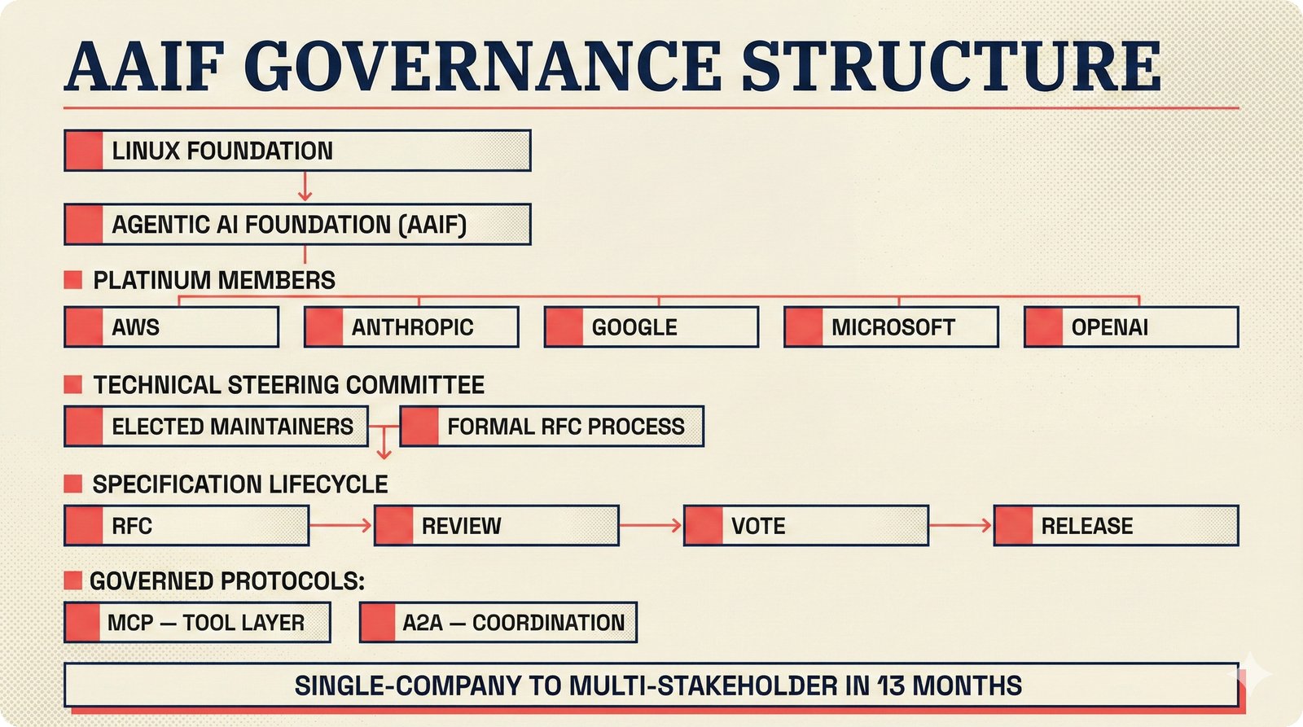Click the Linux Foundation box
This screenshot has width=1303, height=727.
(297, 151)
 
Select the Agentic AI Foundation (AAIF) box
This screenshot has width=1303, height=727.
(297, 225)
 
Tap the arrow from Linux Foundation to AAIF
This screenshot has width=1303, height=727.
(305, 186)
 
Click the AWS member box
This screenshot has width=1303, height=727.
(171, 327)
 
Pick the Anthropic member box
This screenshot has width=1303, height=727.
(411, 327)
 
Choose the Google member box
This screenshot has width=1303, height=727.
(651, 327)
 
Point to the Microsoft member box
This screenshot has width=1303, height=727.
(891, 327)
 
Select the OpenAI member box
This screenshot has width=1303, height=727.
(1131, 327)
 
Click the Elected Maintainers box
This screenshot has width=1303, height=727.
(216, 427)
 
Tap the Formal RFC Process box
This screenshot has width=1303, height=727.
(551, 427)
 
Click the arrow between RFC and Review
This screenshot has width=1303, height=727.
(340, 526)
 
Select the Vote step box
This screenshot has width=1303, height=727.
(805, 526)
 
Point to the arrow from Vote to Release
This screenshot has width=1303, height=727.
(960, 526)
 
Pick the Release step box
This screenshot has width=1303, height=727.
(1116, 526)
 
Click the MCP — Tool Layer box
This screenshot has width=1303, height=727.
(197, 623)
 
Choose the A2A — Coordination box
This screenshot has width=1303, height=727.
(498, 623)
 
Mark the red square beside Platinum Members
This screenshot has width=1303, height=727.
(73, 280)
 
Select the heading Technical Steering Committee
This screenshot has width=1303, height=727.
(288, 385)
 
